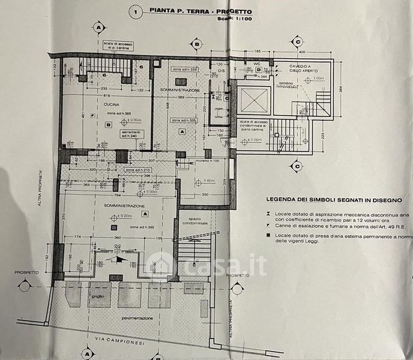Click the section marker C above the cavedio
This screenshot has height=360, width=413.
point(296,41)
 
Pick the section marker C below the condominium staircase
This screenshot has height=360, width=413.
point(296,165)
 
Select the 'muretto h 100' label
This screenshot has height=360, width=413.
point(206,161)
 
